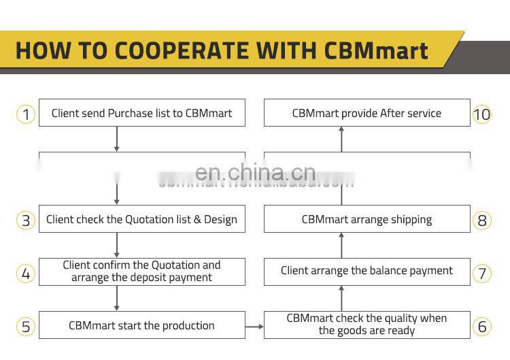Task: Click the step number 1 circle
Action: pyautogui.click(x=26, y=114)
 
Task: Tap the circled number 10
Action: pyautogui.click(x=481, y=114)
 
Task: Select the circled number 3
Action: pyautogui.click(x=26, y=220)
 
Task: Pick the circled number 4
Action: pyautogui.click(x=26, y=274)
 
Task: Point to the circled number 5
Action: pyautogui.click(x=26, y=326)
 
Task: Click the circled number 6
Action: pyautogui.click(x=481, y=326)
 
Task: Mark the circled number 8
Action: pyautogui.click(x=481, y=220)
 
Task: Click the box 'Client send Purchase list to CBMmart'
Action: pyautogui.click(x=141, y=113)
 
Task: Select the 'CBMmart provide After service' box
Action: pyautogui.click(x=367, y=113)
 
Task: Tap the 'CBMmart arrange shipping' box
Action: pyautogui.click(x=367, y=219)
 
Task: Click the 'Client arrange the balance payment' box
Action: pyautogui.click(x=367, y=271)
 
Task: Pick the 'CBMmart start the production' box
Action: pyautogui.click(x=141, y=325)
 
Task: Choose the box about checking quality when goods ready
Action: pyautogui.click(x=367, y=325)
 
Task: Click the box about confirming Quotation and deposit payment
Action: pyautogui.click(x=141, y=272)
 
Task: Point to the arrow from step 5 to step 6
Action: pyautogui.click(x=254, y=327)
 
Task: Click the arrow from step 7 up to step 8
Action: pyautogui.click(x=341, y=245)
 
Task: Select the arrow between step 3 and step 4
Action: pyautogui.click(x=117, y=245)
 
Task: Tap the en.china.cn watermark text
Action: pyautogui.click(x=255, y=173)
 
